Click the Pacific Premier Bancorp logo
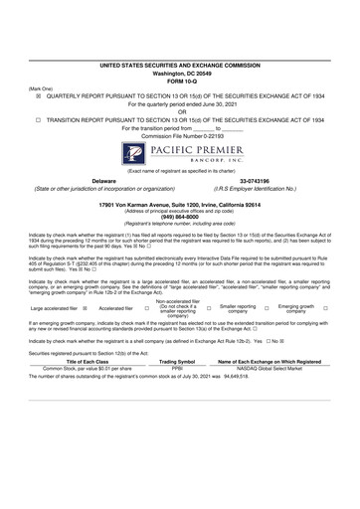[179, 155]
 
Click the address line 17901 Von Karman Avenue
[179, 202]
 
